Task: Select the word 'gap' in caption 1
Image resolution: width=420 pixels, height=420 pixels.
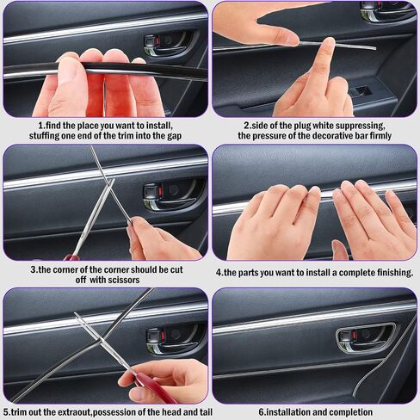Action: (x=175, y=136)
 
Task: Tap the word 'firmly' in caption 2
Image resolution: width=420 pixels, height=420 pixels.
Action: (x=380, y=135)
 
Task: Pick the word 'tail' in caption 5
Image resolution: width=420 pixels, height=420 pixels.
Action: (x=206, y=412)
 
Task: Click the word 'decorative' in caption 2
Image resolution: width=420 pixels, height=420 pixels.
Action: (x=318, y=135)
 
